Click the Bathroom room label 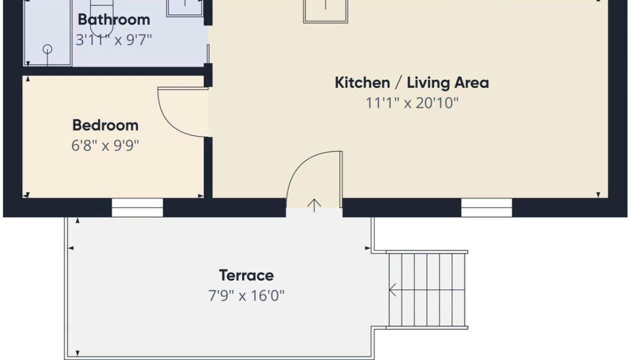click(x=114, y=19)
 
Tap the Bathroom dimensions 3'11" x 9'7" click(x=114, y=39)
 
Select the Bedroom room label click(x=105, y=125)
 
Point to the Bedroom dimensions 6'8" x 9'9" click(x=105, y=146)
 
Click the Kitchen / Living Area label click(x=412, y=83)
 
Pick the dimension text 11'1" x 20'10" click(x=412, y=103)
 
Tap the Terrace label click(x=246, y=275)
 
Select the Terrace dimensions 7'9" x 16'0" click(x=246, y=296)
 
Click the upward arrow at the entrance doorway click(x=314, y=205)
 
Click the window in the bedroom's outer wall click(x=137, y=208)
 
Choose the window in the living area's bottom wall click(x=486, y=208)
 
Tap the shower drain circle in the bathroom click(x=47, y=49)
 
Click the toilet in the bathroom click(x=101, y=17)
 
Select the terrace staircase click(x=427, y=289)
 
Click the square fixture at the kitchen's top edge click(x=325, y=11)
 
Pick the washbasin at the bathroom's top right click(x=185, y=8)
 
